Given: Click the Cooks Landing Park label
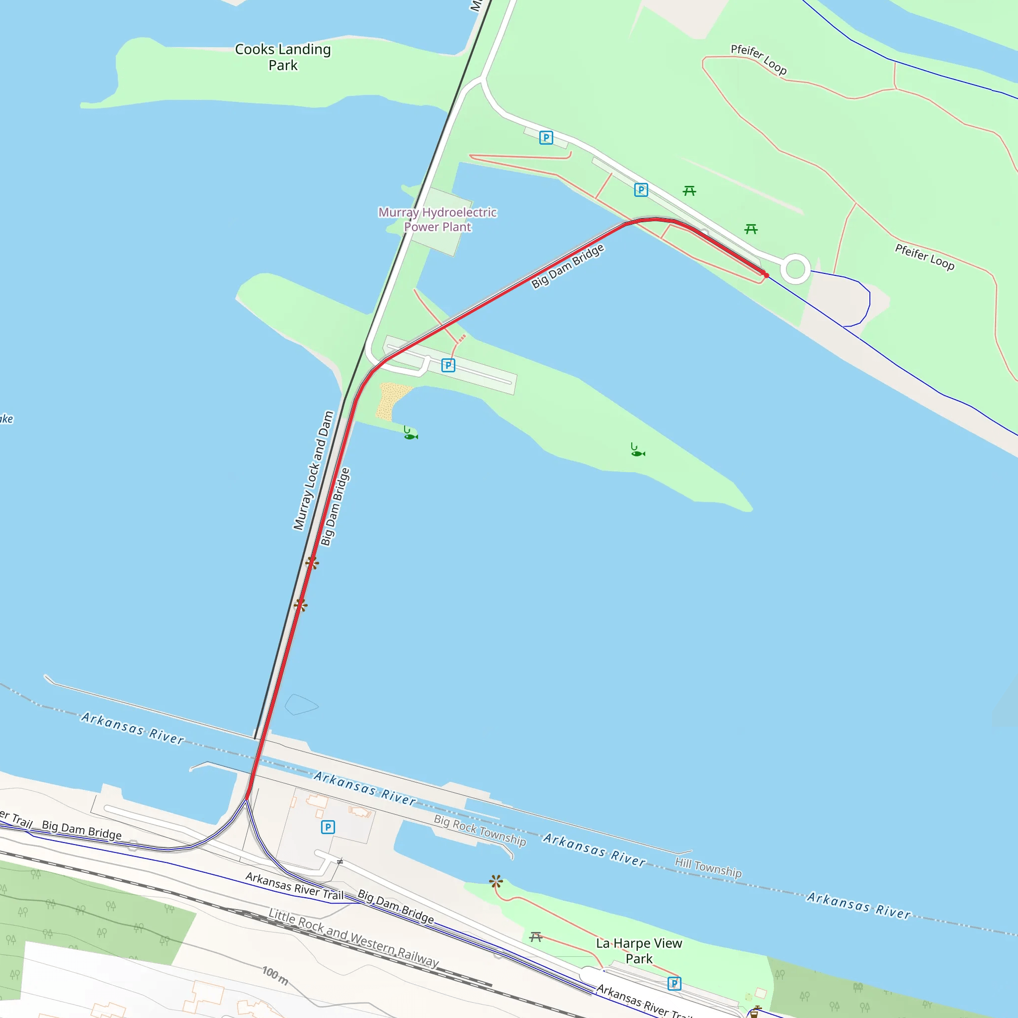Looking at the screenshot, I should click(283, 57).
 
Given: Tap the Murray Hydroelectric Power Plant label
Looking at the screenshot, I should click(437, 220).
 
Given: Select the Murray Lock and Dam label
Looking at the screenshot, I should click(314, 471).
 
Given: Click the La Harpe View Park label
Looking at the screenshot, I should click(639, 950).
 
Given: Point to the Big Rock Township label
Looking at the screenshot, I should click(480, 830).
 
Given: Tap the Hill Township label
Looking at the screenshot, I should click(708, 867).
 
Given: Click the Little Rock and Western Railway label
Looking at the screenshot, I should click(353, 938).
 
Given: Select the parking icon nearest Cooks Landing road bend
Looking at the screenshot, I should click(546, 138).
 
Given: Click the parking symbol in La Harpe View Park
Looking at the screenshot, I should click(674, 983).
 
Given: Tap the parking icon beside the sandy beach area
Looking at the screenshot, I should click(448, 365).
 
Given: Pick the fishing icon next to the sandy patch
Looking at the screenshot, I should click(410, 433).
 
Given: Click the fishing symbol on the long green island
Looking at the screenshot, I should click(637, 450).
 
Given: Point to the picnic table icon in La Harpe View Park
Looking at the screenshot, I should click(536, 937).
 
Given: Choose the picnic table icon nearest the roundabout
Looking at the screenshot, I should click(751, 229).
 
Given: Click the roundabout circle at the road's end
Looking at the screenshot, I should click(795, 269).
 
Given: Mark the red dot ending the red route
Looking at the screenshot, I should click(766, 275).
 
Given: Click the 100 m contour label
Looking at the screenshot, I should click(275, 976).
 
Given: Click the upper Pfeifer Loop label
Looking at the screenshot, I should click(758, 60).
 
